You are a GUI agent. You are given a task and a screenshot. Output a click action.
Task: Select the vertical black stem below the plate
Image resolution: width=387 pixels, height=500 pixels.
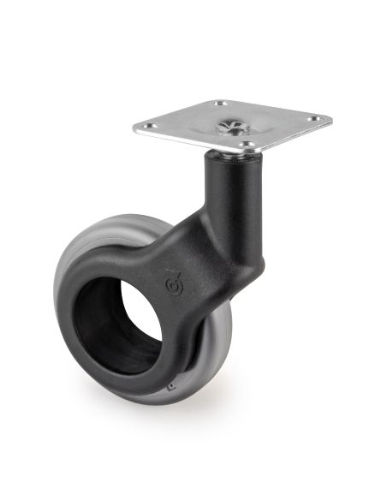[x=229, y=193]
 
